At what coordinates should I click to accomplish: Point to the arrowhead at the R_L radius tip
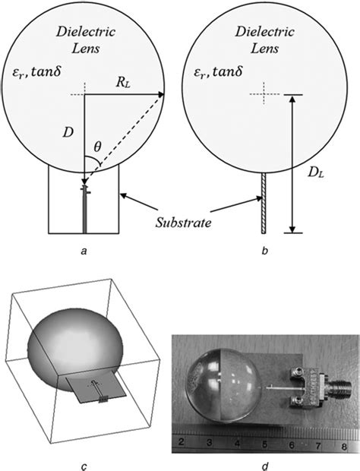click(163, 95)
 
